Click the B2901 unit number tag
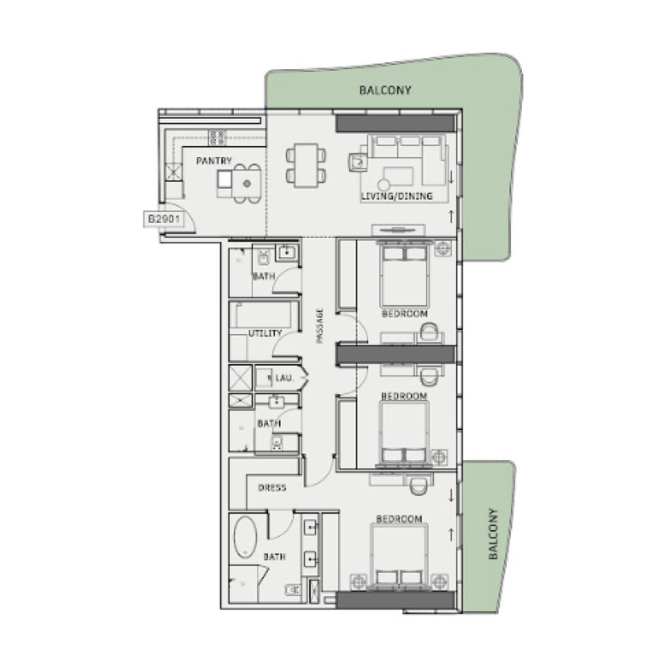click(164, 220)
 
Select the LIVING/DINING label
click(397, 196)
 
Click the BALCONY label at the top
click(386, 89)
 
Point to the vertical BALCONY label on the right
click(493, 534)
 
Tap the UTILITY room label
click(263, 333)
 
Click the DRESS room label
click(273, 488)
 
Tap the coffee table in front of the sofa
click(398, 176)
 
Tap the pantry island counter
click(237, 179)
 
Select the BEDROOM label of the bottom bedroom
click(398, 519)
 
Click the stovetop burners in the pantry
click(218, 137)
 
